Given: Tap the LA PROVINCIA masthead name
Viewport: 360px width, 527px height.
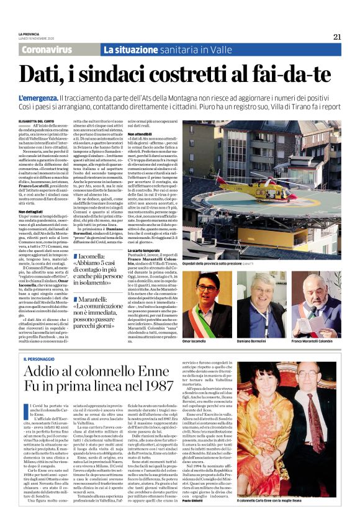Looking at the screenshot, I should (28, 34).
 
